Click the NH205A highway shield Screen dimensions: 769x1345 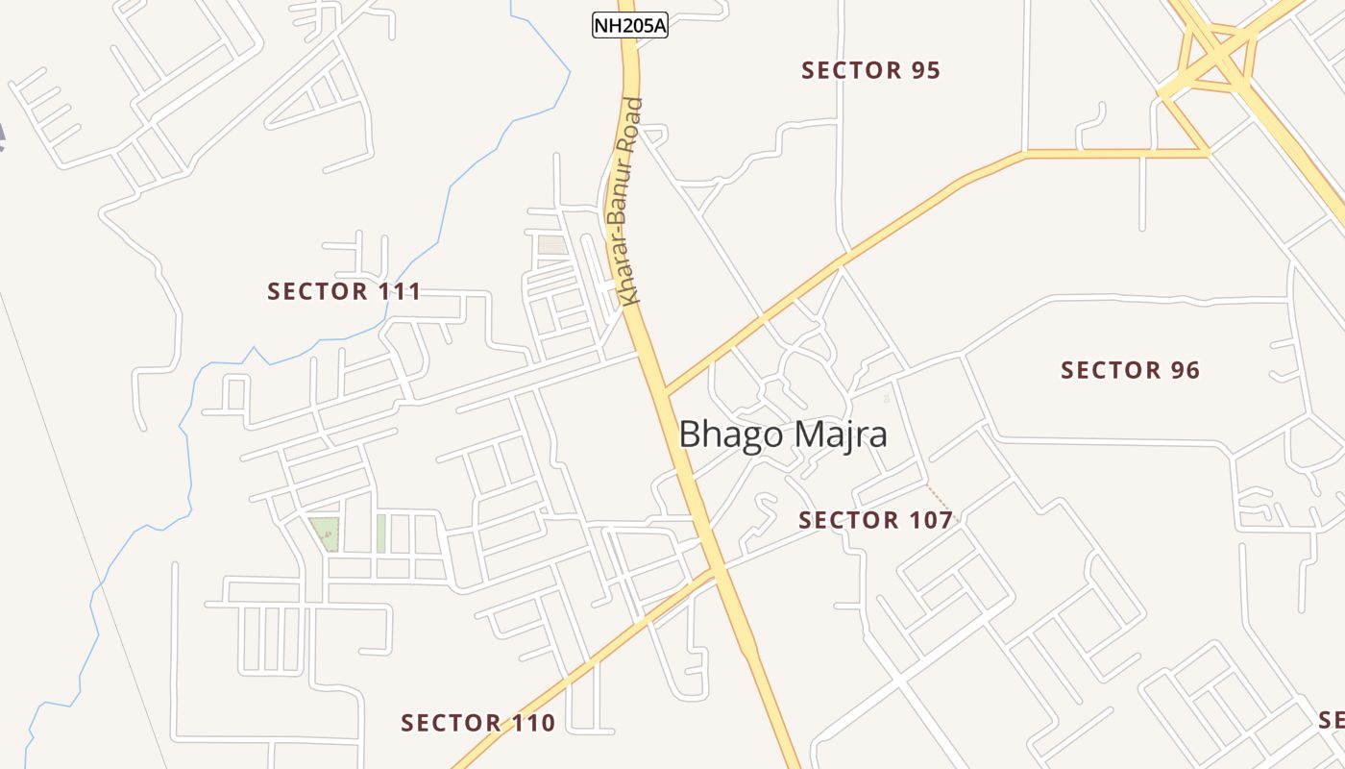[629, 26]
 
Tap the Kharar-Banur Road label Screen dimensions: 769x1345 [630, 202]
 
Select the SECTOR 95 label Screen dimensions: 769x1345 [870, 70]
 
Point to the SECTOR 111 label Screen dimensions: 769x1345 [344, 291]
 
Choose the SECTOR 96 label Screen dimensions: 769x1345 [1130, 370]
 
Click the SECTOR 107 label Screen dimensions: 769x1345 [875, 520]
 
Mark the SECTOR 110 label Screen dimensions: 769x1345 [477, 723]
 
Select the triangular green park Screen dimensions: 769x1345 [325, 532]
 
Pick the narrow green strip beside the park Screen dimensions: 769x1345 [380, 533]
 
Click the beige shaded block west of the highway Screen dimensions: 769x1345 [552, 245]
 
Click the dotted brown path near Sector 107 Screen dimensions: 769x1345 [939, 499]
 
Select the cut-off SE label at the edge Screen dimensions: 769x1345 [1332, 720]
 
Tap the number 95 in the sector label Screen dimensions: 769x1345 [925, 70]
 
